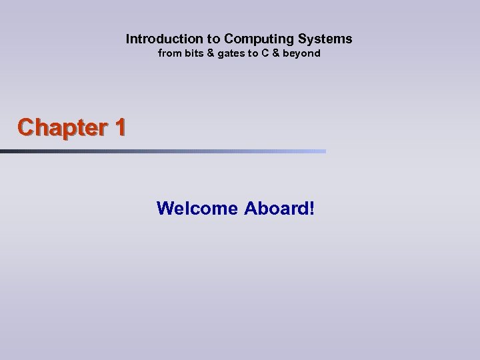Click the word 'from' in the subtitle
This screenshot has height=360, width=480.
[169, 53]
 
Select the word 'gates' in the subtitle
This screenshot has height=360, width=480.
[231, 53]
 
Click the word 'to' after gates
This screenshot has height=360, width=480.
[254, 53]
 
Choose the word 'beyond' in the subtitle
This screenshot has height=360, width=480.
[303, 53]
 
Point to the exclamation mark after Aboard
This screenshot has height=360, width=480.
[310, 209]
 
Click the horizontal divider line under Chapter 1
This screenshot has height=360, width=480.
[163, 151]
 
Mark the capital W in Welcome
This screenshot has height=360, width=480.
[164, 209]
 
